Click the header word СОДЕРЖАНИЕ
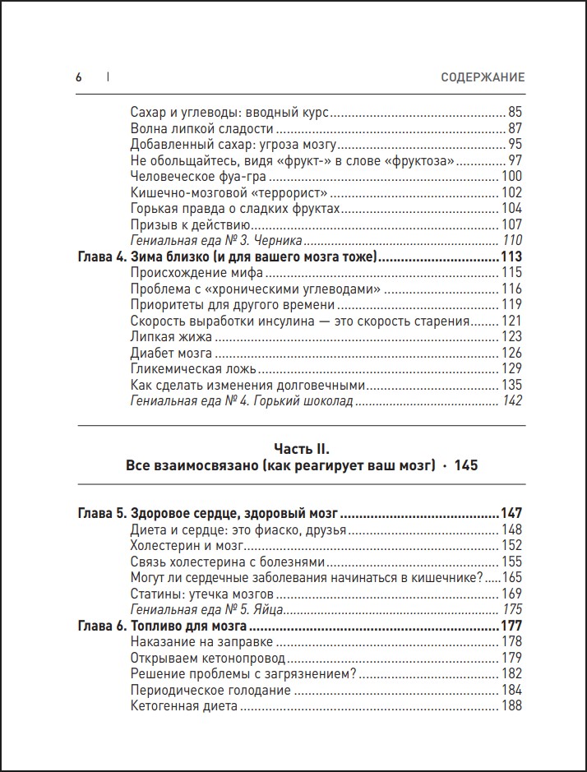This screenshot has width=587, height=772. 482,77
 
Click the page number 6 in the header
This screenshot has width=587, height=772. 79,77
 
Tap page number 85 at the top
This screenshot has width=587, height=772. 515,113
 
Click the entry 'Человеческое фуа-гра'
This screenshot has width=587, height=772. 200,177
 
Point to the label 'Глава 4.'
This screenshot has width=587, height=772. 100,257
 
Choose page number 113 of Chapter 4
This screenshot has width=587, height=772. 511,257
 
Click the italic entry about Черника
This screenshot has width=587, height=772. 217,241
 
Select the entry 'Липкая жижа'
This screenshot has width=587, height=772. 171,337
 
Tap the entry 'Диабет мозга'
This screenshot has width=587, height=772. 171,353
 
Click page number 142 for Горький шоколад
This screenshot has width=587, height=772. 511,401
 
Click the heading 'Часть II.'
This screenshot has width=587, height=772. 301,448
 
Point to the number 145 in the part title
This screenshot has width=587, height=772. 465,465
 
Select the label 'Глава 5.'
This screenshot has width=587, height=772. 100,513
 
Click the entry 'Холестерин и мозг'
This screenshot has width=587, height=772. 188,545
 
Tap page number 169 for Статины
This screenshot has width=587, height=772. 511,594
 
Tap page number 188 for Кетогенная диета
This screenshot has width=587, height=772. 511,706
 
